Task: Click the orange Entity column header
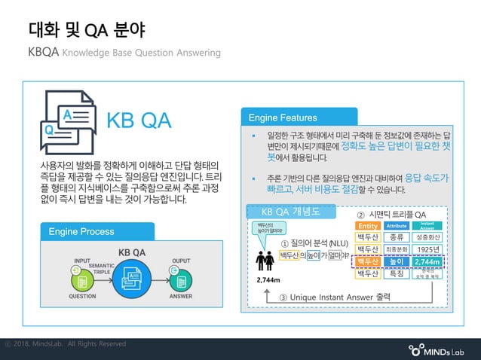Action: pyautogui.click(x=368, y=226)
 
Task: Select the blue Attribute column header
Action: pyautogui.click(x=397, y=226)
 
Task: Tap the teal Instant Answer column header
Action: pyautogui.click(x=427, y=226)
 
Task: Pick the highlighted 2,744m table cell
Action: pyautogui.click(x=427, y=261)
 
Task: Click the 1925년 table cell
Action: pyautogui.click(x=427, y=249)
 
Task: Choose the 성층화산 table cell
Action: pyautogui.click(x=427, y=237)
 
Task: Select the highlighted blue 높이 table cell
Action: pyautogui.click(x=397, y=261)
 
